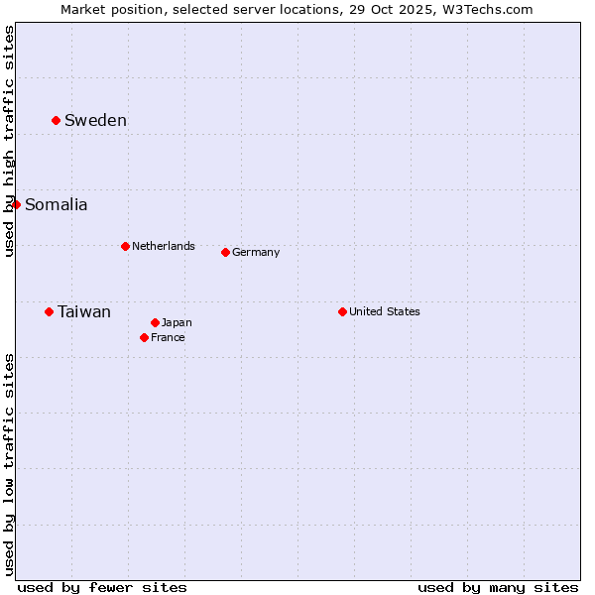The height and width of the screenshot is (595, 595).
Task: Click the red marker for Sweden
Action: pos(56,120)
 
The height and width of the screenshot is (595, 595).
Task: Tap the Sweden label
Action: pos(95,121)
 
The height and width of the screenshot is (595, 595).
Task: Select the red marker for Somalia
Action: pos(16,204)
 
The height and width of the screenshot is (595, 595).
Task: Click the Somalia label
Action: pos(56,205)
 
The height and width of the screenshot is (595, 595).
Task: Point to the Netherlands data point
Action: pos(125,246)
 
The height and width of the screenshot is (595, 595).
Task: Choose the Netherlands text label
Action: pos(163,246)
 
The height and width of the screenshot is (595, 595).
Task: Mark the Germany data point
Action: pos(225,252)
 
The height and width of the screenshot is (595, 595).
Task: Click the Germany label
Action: pos(256,252)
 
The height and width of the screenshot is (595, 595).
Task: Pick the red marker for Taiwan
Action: pos(49,311)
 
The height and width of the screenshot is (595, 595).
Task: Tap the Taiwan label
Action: pos(84,312)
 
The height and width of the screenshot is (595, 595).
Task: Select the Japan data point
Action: pos(155,322)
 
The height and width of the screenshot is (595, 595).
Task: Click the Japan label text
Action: pos(177,322)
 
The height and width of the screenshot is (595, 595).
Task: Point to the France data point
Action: pos(144,337)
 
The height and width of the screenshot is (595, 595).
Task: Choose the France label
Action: pos(168,337)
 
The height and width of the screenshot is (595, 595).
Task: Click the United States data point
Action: pos(342,311)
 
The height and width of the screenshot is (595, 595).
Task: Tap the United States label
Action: pos(385,311)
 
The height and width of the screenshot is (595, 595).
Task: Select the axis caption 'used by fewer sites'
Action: pos(102,587)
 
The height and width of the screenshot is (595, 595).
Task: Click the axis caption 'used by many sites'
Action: pos(498,587)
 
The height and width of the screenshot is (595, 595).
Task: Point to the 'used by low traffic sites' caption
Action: pos(9,463)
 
